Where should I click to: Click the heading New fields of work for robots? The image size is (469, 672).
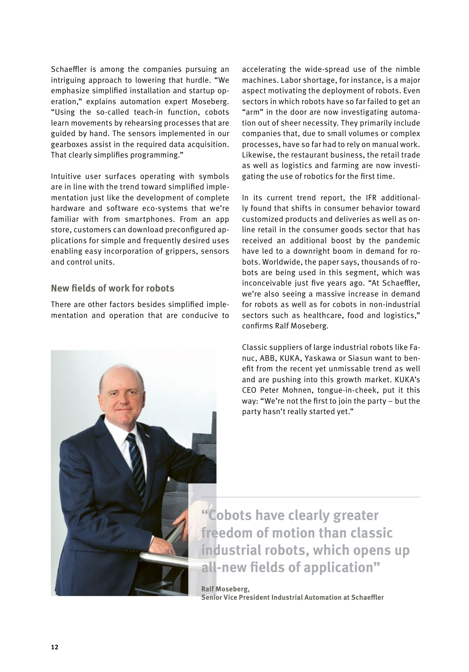[x=112, y=288]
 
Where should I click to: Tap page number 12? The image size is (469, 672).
[x=55, y=647]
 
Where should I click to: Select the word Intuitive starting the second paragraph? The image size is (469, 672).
[x=66, y=176]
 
